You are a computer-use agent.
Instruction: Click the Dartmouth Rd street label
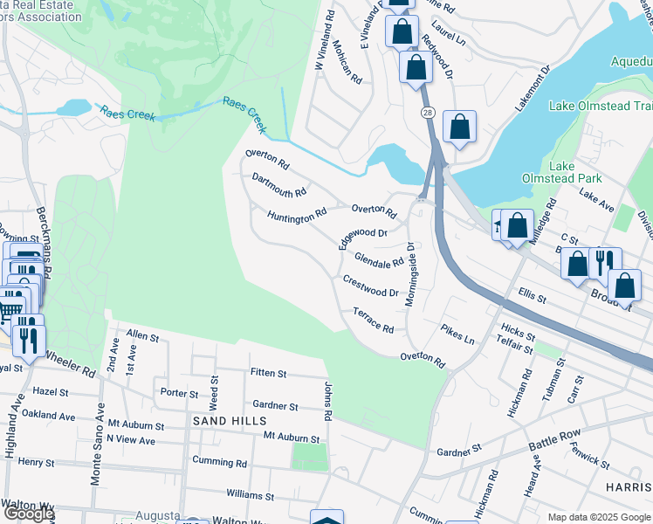[x=278, y=185]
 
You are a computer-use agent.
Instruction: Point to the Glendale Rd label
[x=379, y=260]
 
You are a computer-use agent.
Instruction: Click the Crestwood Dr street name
[x=370, y=286]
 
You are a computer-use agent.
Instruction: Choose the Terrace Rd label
[x=373, y=320]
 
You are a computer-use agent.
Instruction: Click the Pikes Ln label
[x=457, y=334]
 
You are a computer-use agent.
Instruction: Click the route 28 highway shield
[x=427, y=113]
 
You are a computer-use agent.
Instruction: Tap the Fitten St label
[x=268, y=373]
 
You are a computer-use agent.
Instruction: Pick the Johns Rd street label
[x=329, y=401]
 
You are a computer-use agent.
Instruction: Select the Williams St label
[x=256, y=495]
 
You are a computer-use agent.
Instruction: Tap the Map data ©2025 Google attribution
[x=600, y=517]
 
